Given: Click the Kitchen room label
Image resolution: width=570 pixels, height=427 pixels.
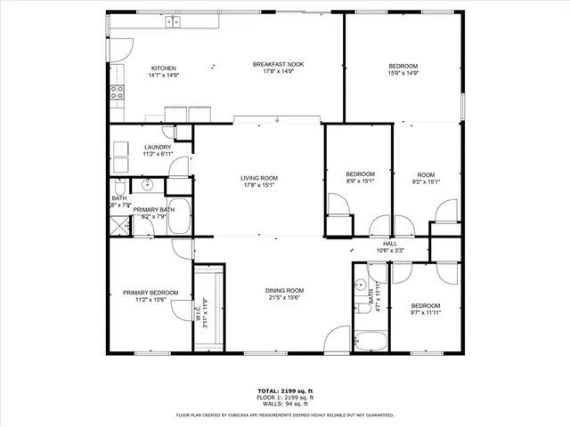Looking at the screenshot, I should [x=163, y=68].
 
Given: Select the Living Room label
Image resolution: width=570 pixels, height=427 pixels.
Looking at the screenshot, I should [x=259, y=179].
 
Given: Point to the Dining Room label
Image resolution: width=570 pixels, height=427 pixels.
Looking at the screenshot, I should [x=284, y=291].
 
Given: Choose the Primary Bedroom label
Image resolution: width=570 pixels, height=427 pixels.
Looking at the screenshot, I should [x=151, y=293].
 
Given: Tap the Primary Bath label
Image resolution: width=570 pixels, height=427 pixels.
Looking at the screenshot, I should [x=151, y=210].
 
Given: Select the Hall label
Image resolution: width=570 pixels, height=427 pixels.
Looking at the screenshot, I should [x=390, y=244].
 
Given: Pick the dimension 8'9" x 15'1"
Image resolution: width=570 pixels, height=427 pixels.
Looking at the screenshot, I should [x=360, y=181].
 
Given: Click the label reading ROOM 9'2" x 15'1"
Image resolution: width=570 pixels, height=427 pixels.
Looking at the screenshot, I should [x=426, y=178].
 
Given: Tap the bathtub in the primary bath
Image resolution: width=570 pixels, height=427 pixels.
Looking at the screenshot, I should [x=178, y=217].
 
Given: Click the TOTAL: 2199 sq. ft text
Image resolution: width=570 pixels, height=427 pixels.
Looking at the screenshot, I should [x=286, y=391].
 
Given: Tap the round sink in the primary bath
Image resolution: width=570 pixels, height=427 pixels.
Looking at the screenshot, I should [x=150, y=186].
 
